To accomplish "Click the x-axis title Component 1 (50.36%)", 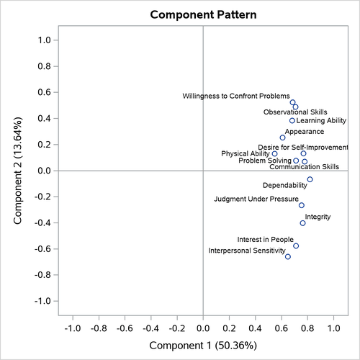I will [202, 346].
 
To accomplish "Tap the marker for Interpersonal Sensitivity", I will [288, 256].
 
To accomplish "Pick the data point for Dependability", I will [310, 179].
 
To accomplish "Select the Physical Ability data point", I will [274, 153].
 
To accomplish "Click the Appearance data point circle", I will [282, 138].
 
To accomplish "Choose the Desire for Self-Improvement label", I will [303, 147].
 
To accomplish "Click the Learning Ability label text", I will [321, 121].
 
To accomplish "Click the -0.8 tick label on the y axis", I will [42, 275].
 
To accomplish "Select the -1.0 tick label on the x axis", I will [73, 328].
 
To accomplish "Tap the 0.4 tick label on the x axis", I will [255, 328].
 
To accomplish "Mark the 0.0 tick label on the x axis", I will [203, 328].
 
